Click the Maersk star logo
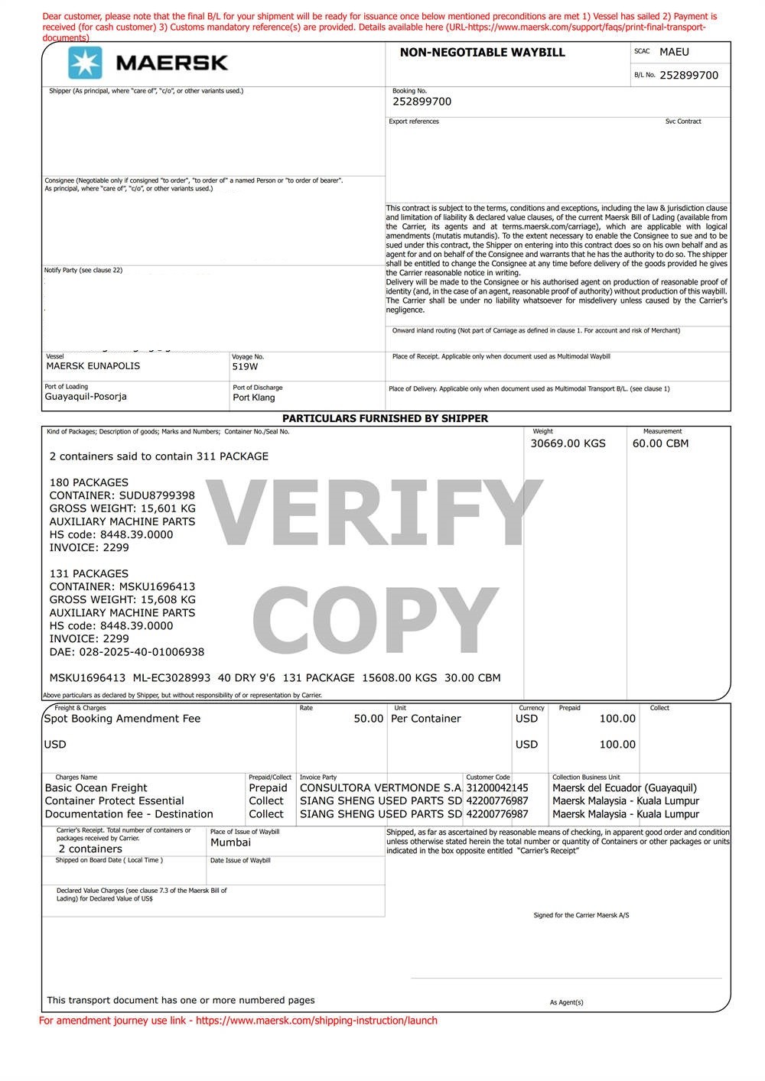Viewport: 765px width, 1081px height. (x=85, y=63)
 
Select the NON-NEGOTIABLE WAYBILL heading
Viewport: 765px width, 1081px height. (x=482, y=53)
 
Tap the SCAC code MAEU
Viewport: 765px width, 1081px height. (x=674, y=52)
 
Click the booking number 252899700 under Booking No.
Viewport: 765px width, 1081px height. (x=422, y=102)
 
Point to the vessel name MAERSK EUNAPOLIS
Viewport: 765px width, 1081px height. (x=93, y=366)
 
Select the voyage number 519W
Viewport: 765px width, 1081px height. (x=245, y=367)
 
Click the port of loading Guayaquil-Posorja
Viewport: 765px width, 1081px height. (x=86, y=397)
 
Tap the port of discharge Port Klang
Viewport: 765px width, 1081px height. (x=254, y=398)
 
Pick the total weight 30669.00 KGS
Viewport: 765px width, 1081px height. (x=568, y=443)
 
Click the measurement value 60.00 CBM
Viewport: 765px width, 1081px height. (x=660, y=443)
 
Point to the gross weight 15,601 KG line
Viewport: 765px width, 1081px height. (x=122, y=508)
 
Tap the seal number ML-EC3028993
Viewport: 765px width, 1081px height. (x=171, y=678)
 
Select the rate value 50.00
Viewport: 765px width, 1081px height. (x=368, y=719)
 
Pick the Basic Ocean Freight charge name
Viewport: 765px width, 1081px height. (x=96, y=788)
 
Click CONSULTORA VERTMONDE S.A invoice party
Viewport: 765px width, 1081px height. (x=380, y=788)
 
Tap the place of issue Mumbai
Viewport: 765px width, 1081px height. (x=230, y=842)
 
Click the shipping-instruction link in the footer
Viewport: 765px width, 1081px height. (x=316, y=1021)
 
